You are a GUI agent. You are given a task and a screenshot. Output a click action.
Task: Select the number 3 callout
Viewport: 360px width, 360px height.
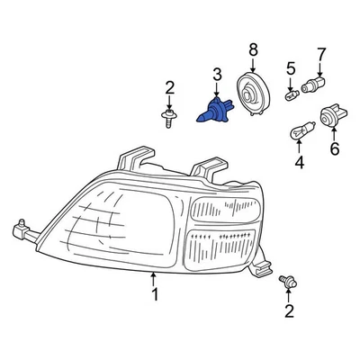coord(216,73)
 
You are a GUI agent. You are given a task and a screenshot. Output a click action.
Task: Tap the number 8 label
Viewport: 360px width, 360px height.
coord(253,49)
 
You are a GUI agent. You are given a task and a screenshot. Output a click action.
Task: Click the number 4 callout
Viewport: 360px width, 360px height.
coord(299,163)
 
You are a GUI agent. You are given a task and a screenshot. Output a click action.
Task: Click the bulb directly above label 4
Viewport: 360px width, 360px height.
coord(298,133)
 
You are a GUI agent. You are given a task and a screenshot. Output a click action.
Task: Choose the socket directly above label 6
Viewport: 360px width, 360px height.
coord(330,116)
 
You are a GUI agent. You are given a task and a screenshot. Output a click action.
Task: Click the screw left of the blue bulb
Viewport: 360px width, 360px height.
coord(170,118)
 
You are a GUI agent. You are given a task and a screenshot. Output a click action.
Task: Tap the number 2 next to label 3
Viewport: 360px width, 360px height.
coord(169,86)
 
